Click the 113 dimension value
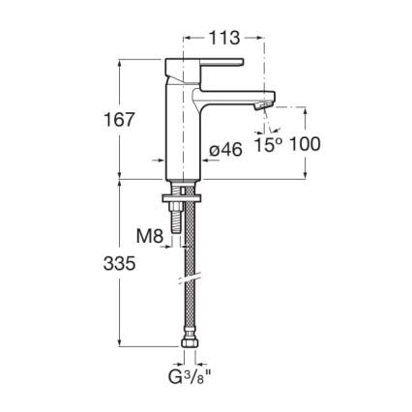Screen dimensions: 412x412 [225, 39]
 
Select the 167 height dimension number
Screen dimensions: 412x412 [120, 120]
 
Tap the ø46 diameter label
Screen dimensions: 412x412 [225, 149]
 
